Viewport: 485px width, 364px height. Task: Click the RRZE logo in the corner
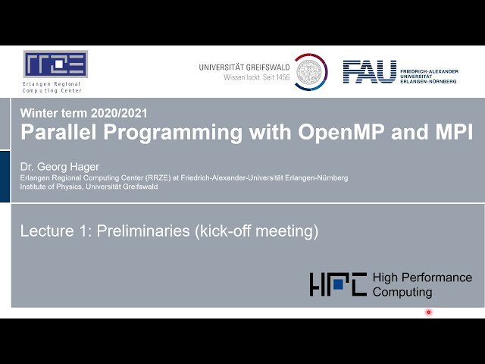pos(55,64)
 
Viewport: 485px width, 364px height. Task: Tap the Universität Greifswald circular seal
pos(311,72)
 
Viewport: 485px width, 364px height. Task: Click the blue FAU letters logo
pos(369,72)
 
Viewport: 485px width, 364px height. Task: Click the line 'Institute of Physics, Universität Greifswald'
pos(89,187)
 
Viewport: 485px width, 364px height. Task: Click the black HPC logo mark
pos(338,284)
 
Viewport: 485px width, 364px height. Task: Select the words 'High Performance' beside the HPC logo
pos(422,278)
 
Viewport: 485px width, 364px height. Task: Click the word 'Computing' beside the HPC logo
pos(402,292)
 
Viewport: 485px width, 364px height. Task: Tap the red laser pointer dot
pos(428,312)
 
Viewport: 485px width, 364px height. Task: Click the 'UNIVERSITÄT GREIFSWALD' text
pos(244,67)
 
